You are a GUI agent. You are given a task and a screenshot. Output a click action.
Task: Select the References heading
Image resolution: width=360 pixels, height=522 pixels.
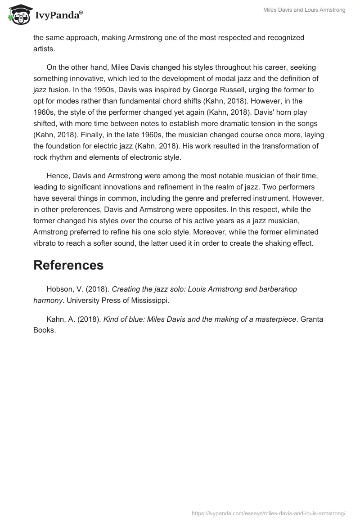tap(68, 265)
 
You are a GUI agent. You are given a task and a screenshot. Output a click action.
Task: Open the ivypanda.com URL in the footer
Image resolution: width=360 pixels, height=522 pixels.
tap(269, 513)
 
